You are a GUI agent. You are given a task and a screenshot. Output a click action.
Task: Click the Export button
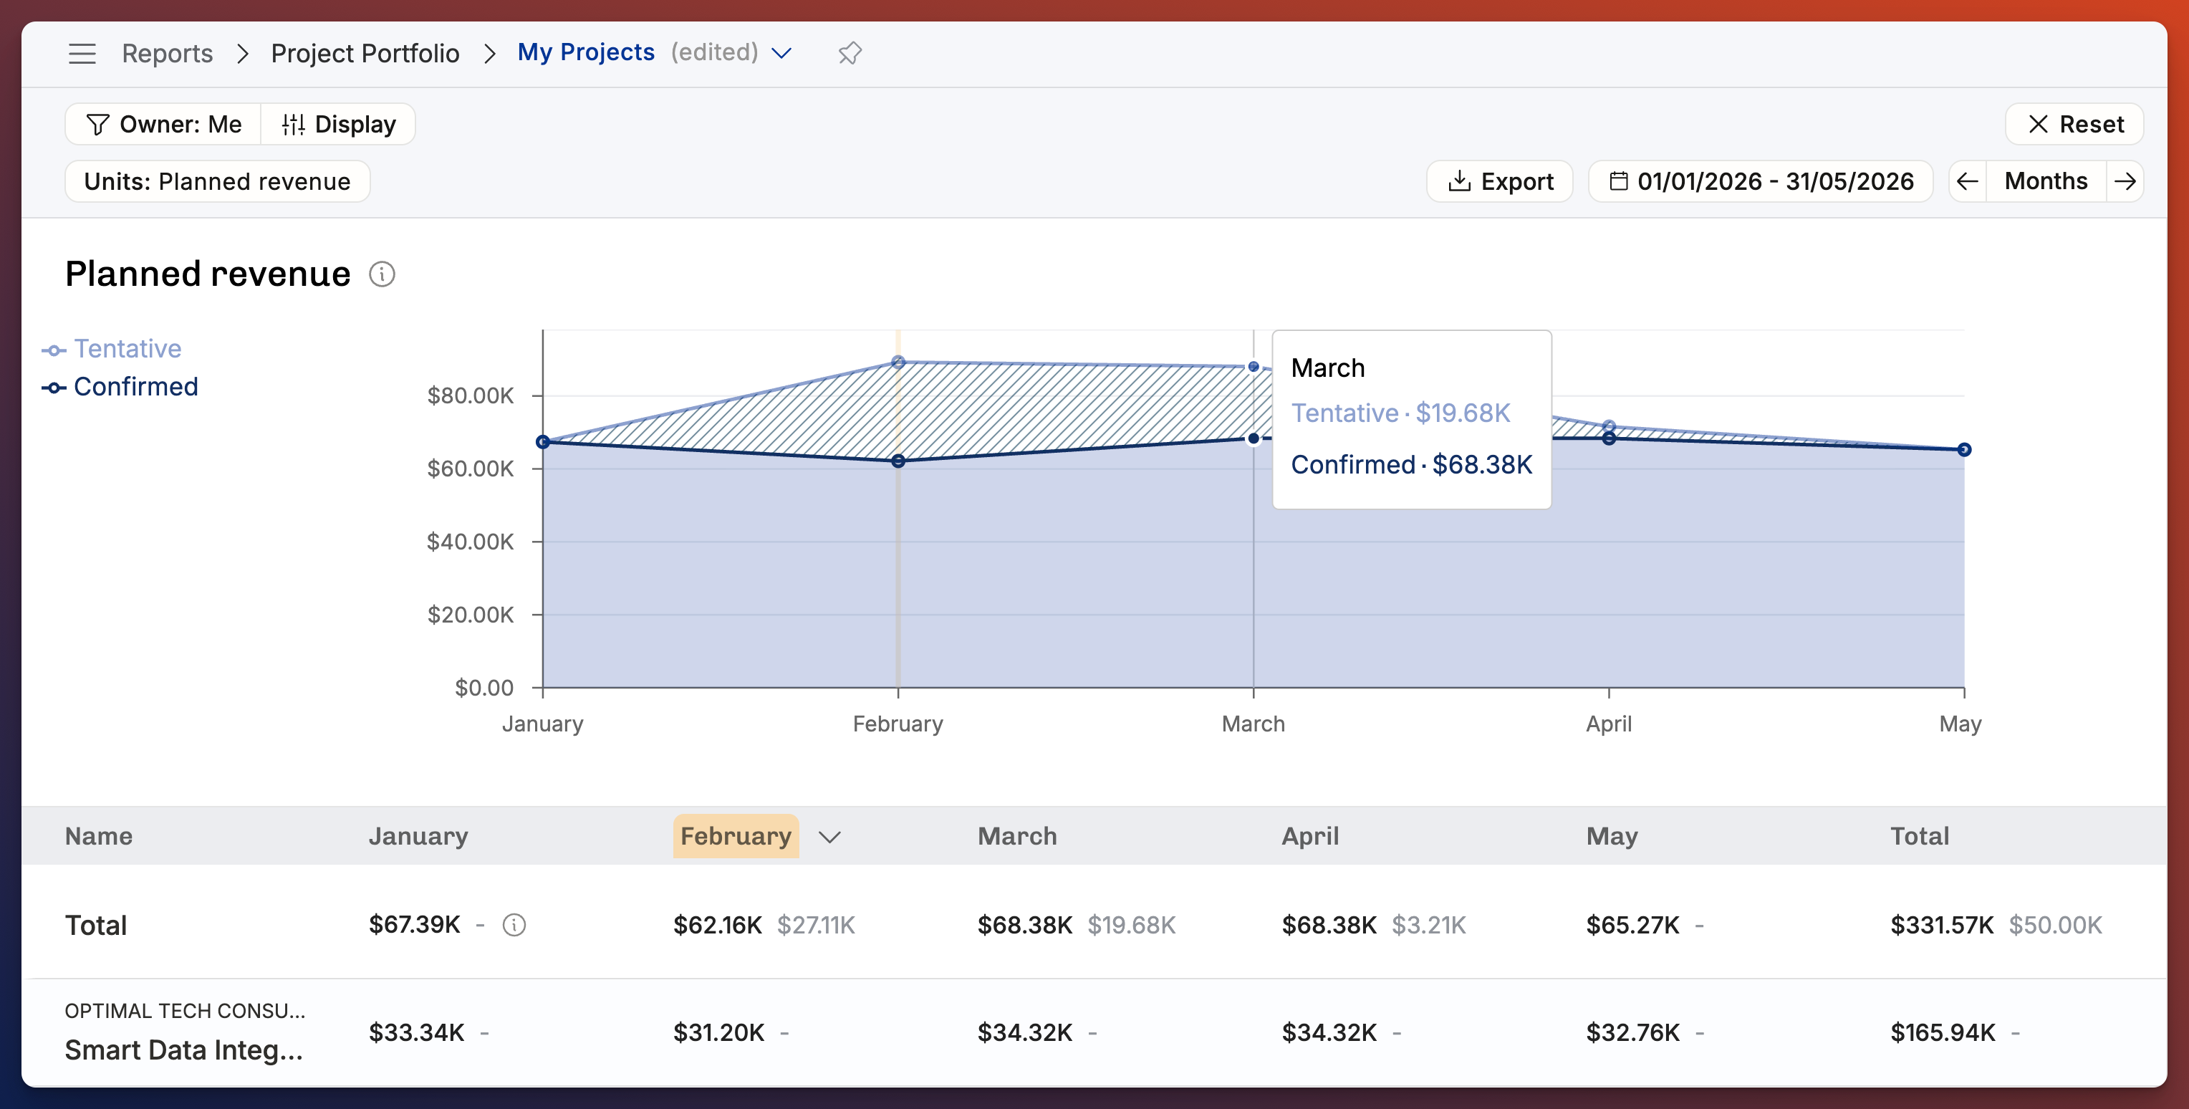click(1500, 181)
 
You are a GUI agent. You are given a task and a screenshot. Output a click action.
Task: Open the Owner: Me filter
click(163, 124)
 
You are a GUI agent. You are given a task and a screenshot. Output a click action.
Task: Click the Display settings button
click(338, 124)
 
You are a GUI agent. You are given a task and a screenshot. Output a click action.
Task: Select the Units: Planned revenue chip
click(218, 181)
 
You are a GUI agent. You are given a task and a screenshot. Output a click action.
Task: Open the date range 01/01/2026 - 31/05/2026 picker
click(1761, 181)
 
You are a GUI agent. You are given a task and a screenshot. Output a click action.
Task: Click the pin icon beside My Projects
click(850, 53)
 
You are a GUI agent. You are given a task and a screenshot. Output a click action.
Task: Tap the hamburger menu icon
click(82, 53)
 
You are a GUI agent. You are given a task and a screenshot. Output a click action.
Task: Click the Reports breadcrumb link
click(168, 53)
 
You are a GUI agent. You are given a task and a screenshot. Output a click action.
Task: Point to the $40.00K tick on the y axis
click(470, 542)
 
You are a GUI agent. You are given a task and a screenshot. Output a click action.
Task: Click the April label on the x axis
click(1609, 724)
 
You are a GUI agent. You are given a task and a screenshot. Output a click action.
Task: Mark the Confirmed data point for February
click(898, 461)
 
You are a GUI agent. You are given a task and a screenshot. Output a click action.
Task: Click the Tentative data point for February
click(898, 362)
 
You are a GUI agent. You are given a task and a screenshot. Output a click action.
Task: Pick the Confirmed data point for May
click(1964, 450)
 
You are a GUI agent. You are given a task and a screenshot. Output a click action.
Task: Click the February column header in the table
click(736, 836)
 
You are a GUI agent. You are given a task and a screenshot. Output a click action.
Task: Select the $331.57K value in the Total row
click(1942, 925)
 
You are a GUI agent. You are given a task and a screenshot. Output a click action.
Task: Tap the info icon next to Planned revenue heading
click(383, 274)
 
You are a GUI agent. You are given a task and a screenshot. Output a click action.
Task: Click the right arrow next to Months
click(2125, 181)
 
